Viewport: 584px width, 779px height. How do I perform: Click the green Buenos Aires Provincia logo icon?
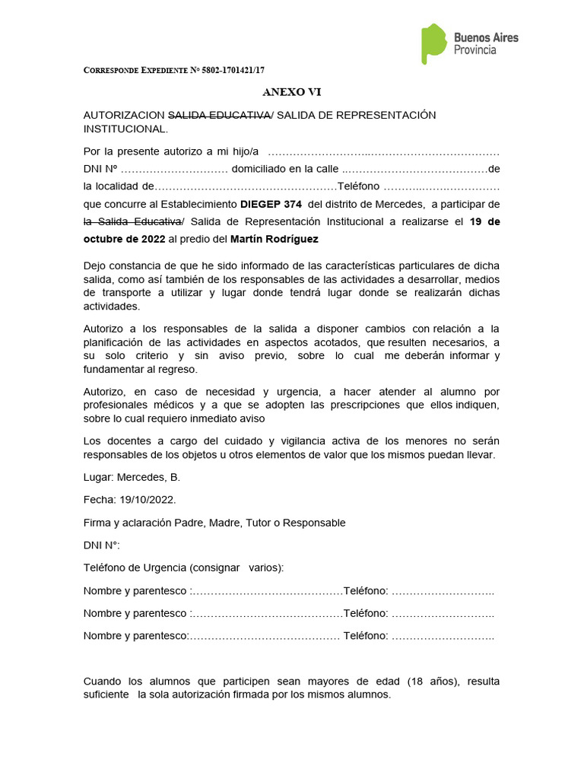pos(433,43)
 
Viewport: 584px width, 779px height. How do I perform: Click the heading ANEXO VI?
pos(292,92)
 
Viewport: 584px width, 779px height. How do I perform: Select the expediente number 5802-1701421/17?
pos(227,70)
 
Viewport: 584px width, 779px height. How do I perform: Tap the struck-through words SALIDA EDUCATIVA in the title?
pos(218,115)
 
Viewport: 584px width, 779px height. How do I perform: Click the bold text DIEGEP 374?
pos(271,205)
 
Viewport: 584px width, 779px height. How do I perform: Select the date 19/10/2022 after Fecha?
pos(148,500)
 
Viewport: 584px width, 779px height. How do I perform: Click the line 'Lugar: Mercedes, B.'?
pos(132,477)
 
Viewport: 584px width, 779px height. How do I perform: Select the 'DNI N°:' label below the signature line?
pos(101,545)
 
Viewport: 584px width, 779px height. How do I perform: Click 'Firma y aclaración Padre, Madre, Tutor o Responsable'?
pos(214,523)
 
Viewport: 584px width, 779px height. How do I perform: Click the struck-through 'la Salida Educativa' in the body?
pos(132,221)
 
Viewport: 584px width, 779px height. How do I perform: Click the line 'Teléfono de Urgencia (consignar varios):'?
pos(183,568)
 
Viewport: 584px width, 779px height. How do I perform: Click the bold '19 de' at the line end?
pos(485,221)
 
